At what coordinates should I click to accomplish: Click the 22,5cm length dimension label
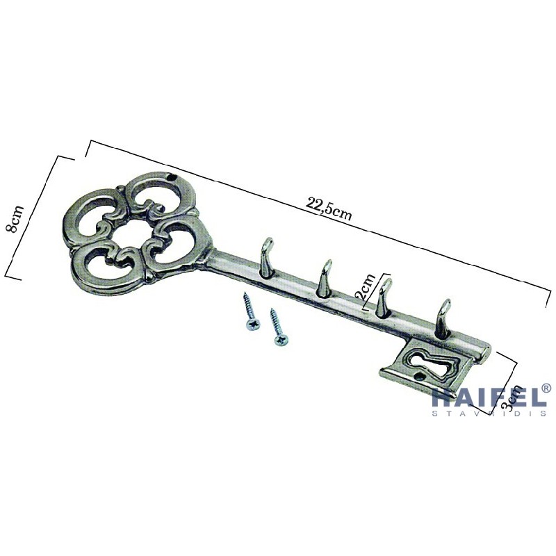329,209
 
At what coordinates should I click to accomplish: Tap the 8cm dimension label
15,219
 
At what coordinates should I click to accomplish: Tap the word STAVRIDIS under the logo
489,413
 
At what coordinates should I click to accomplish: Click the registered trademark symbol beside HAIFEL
546,388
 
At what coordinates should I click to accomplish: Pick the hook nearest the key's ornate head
266,257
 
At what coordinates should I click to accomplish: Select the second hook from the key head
323,278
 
